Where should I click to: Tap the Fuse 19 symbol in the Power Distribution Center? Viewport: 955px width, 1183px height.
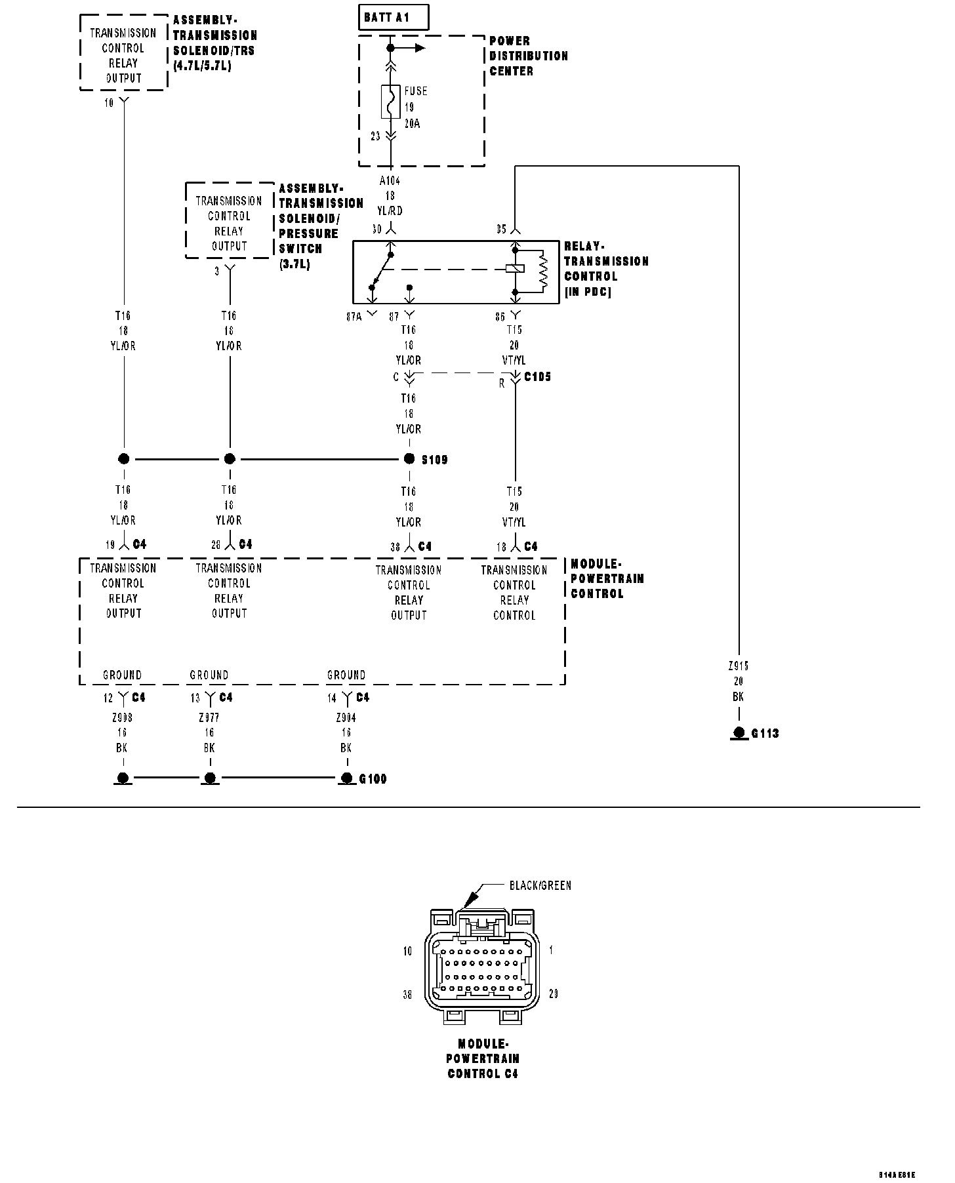click(390, 102)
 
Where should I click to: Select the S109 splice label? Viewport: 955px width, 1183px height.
click(434, 460)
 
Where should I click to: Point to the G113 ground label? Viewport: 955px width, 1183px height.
click(765, 733)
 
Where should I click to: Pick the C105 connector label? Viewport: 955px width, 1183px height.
click(537, 377)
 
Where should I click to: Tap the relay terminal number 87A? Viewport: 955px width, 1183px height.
click(354, 317)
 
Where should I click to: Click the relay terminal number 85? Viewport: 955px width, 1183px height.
click(501, 230)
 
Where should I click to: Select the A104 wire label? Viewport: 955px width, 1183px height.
click(390, 180)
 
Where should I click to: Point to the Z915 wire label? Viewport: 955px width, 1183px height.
click(739, 666)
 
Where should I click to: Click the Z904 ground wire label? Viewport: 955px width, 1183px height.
click(346, 718)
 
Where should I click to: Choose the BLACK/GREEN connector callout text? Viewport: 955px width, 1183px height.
click(540, 886)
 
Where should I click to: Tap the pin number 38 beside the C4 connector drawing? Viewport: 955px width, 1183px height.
click(407, 995)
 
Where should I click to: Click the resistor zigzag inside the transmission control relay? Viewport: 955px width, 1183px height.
click(542, 270)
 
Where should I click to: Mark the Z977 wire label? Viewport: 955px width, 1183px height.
click(209, 718)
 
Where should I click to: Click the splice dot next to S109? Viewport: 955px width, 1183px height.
click(409, 459)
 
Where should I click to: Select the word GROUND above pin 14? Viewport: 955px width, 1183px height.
click(346, 675)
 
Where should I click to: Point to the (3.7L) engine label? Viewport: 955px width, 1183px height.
click(295, 264)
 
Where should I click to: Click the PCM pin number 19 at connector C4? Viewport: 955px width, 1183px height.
click(110, 545)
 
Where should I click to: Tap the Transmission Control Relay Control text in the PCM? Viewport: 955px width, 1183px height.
click(514, 593)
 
